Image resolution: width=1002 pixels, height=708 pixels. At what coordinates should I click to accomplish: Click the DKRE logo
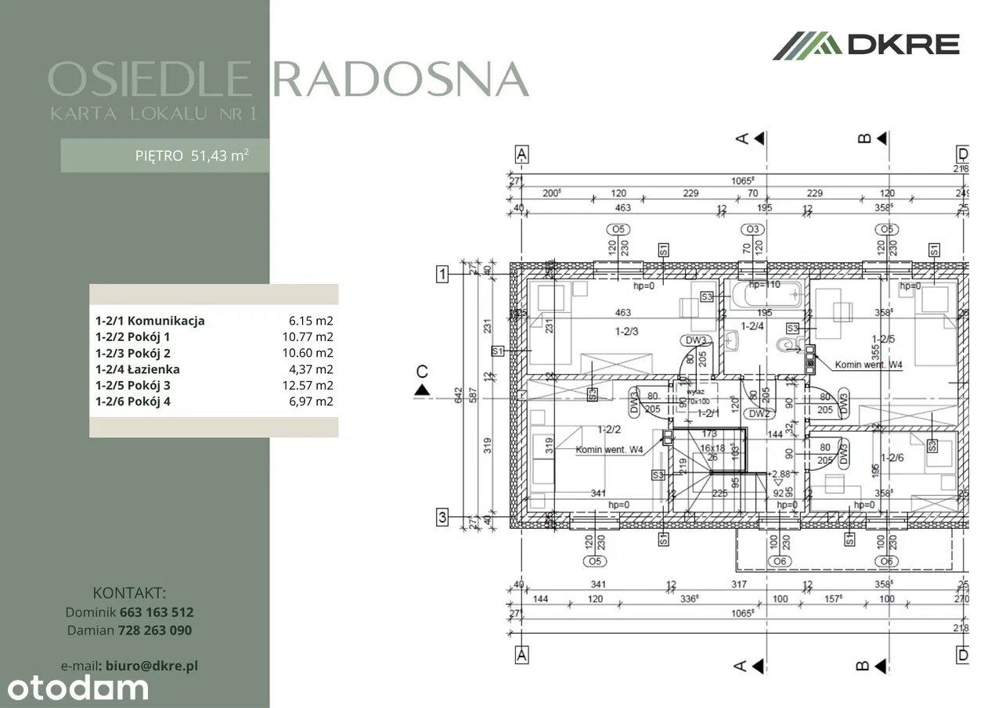coord(866,45)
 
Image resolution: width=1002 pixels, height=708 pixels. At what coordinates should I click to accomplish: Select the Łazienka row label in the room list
coord(138,369)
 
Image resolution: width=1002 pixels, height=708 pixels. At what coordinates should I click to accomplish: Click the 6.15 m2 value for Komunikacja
coord(311,321)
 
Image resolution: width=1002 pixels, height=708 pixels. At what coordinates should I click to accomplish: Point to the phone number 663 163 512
coord(157,613)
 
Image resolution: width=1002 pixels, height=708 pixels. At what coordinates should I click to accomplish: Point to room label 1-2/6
coord(892,458)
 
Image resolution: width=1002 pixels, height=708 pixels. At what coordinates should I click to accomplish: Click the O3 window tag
coord(752,229)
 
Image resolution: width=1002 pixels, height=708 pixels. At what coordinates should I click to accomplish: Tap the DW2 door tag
coord(758,414)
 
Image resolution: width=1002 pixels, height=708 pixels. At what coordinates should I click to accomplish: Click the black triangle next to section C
coord(422,389)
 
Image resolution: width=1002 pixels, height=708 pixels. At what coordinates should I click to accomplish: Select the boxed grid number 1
coord(442,274)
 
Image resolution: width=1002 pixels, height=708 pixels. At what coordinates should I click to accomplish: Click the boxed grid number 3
coord(442,516)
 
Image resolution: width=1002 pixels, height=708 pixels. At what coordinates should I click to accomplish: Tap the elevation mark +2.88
coord(780,474)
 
